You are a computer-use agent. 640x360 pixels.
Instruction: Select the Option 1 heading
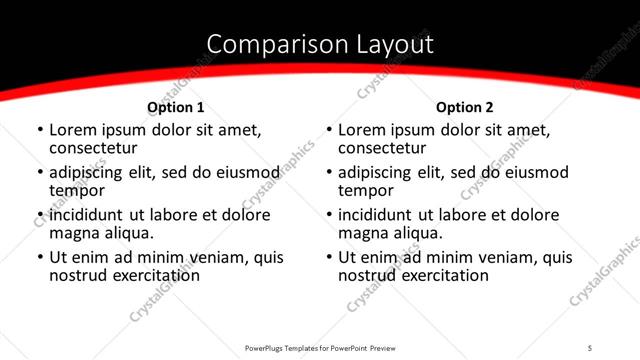pos(175,107)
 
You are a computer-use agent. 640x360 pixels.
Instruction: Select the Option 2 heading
pos(464,107)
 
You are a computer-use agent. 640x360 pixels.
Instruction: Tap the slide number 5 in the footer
pos(590,347)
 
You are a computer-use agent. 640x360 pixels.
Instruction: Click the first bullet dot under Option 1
pos(39,131)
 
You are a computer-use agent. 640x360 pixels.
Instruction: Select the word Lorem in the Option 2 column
pos(363,129)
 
